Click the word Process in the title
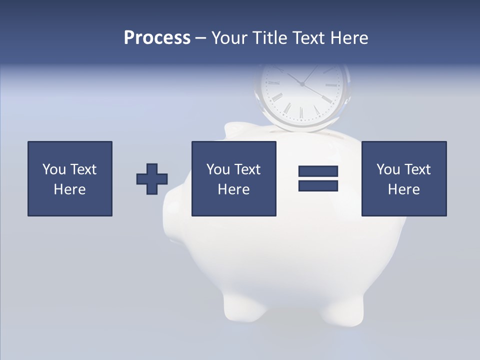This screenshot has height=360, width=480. [x=157, y=38]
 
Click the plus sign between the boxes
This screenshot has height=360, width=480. [x=152, y=179]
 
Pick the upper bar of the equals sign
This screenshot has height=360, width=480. [x=318, y=171]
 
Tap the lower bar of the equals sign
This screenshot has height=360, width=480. [x=318, y=185]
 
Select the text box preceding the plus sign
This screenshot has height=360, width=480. [x=70, y=178]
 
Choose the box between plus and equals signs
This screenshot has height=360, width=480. [x=234, y=178]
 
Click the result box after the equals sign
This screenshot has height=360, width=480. [x=404, y=178]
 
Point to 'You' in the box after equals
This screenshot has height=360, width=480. [x=388, y=169]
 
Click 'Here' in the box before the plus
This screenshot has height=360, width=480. [x=70, y=189]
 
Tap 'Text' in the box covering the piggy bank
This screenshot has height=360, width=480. [x=247, y=169]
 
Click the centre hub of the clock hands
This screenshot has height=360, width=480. [x=302, y=84]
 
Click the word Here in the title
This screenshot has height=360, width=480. [x=349, y=38]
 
